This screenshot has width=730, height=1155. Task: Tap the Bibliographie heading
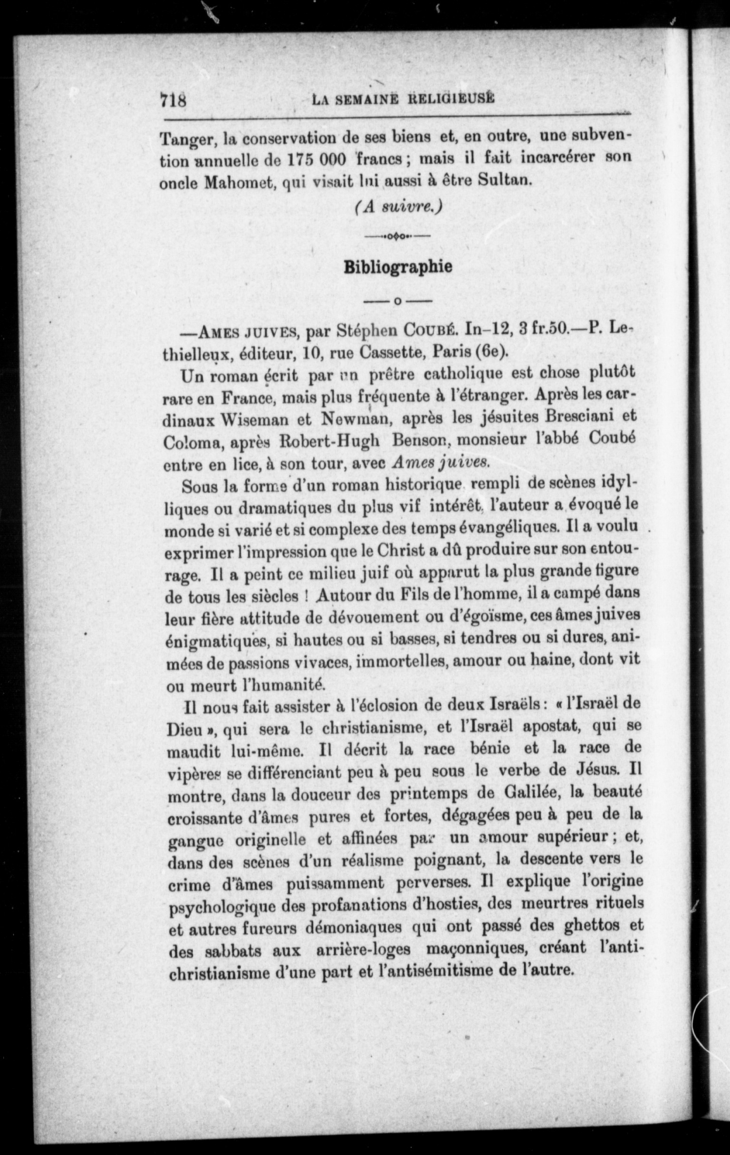point(398,267)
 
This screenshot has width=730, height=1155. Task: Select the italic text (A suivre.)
point(398,207)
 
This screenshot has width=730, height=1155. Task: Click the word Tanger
point(185,140)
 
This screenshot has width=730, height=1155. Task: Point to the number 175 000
point(313,160)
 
